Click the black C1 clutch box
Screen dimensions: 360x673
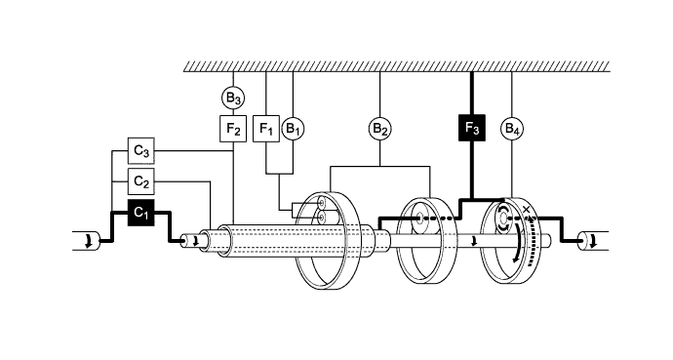(x=141, y=211)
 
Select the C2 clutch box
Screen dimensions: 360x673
(x=141, y=180)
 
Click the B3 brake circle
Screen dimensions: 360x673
(x=232, y=98)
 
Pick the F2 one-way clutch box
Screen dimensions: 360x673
(x=232, y=128)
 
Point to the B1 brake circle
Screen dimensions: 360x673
(x=293, y=128)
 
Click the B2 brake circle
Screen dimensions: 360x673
(x=379, y=128)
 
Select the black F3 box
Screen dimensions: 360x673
(x=471, y=128)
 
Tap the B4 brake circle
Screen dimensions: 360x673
(x=511, y=128)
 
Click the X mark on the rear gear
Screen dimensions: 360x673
(x=528, y=210)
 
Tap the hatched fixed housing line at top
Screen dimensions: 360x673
(x=396, y=65)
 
